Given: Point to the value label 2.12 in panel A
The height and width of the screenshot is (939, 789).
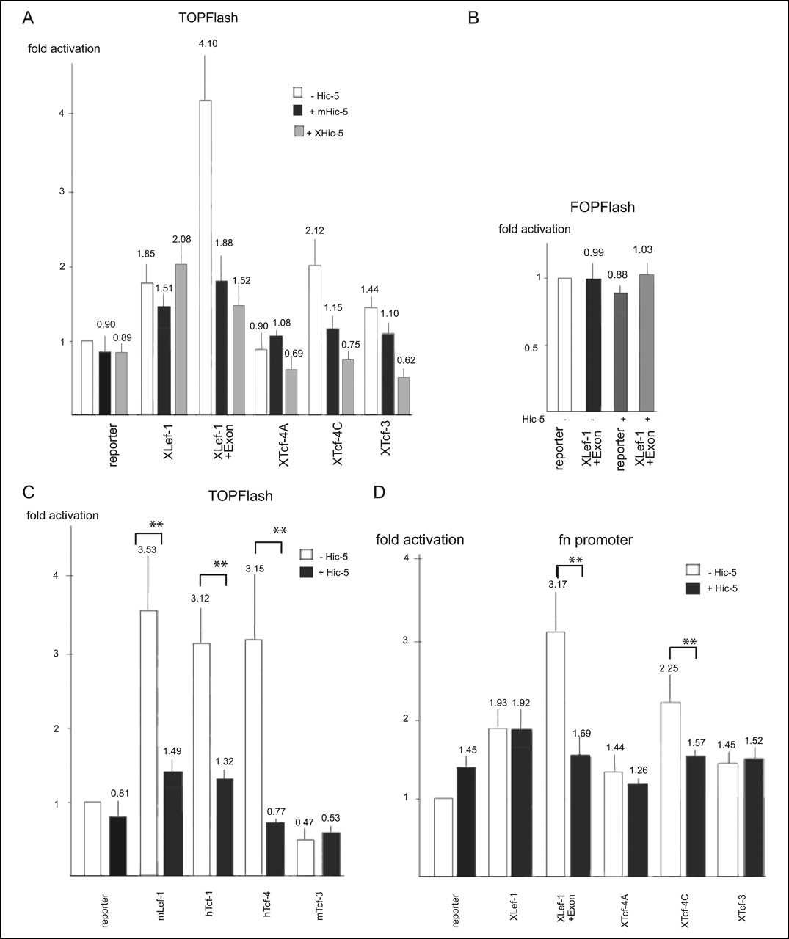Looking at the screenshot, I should pyautogui.click(x=314, y=231).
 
